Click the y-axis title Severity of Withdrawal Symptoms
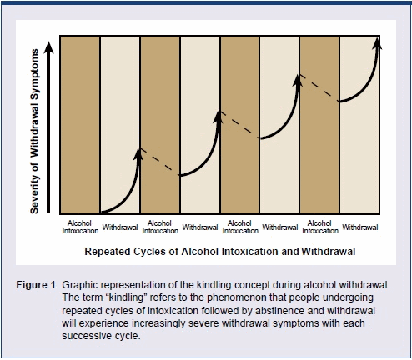pos(34,132)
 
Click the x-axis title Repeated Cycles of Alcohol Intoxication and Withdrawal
pos(220,252)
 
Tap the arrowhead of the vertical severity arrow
pos(49,47)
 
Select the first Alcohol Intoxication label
pos(80,227)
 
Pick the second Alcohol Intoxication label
pos(160,227)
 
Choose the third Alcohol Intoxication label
pos(240,227)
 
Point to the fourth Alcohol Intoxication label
pos(320,227)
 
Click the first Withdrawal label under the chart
pos(120,227)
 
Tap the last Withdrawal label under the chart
pos(360,227)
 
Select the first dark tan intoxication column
pos(80,125)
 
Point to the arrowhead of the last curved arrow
pos(377,43)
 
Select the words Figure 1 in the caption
pos(36,285)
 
